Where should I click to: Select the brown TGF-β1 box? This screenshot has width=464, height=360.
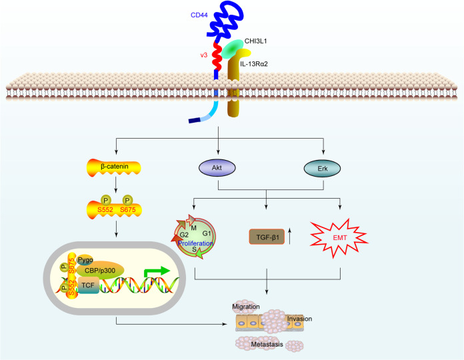coord(267,236)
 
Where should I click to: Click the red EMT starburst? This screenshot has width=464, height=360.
coord(341,235)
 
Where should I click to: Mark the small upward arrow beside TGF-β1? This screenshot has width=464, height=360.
coord(293,235)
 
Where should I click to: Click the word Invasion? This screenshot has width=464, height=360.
coord(299,319)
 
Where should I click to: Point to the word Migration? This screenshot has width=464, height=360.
coord(246,306)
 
